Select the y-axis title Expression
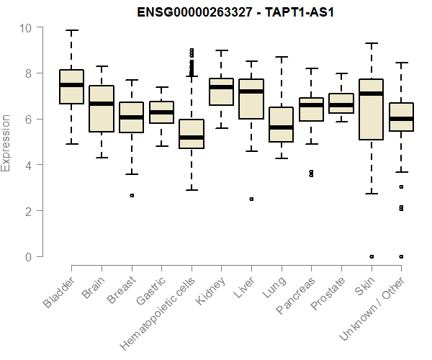point(6,142)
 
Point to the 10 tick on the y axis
point(27,27)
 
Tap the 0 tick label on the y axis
point(27,256)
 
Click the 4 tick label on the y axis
point(27,165)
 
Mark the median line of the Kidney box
point(221,87)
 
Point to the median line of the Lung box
point(281,127)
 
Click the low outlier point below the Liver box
point(251,199)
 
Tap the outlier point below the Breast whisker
point(131,195)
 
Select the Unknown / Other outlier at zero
point(401,256)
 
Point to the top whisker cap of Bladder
point(71,31)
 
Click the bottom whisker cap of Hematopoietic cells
point(191,190)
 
